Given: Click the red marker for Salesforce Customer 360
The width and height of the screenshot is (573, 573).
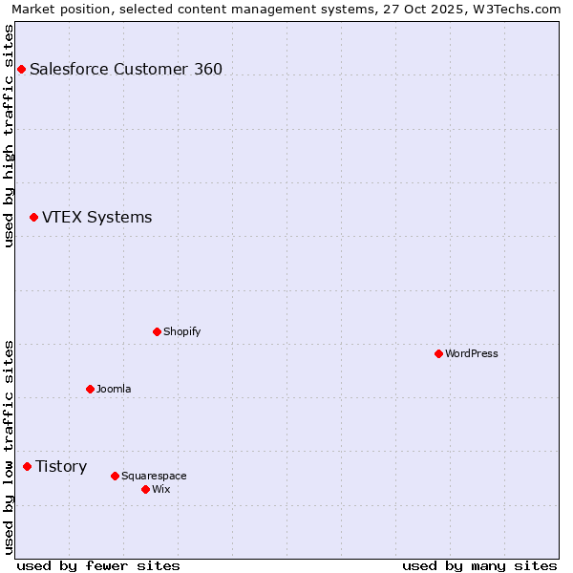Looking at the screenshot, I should (x=21, y=69).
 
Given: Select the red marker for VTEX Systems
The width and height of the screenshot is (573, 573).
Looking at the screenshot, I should (x=33, y=218).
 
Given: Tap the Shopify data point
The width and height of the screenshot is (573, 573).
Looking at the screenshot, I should (x=157, y=331).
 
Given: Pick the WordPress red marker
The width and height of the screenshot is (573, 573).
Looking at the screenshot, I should (x=438, y=353).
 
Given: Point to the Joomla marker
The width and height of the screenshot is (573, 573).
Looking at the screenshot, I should (x=90, y=389).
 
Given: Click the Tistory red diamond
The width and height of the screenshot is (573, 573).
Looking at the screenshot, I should (x=27, y=466).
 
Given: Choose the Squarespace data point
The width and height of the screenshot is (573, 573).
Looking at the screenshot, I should (x=115, y=476).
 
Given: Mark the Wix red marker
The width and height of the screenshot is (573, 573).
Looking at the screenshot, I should (x=145, y=489).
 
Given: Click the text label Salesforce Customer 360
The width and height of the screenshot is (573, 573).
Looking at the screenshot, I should (x=126, y=69).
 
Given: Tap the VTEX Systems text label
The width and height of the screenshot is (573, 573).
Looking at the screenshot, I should (x=96, y=218).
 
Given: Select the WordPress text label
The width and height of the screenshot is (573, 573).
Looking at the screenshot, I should (x=472, y=353).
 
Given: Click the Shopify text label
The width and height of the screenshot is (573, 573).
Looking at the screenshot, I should (x=181, y=331).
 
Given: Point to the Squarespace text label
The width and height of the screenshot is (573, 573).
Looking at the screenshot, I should (x=154, y=476).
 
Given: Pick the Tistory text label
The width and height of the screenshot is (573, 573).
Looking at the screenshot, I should (x=61, y=466).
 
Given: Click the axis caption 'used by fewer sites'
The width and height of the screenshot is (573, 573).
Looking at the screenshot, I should (x=98, y=565).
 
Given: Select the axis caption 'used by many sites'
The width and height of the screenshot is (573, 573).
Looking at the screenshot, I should (x=479, y=565).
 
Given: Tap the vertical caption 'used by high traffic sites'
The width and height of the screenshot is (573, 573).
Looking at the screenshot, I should (x=9, y=136).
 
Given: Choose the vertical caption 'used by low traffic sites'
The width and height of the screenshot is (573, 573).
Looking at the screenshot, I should (x=9, y=447).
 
